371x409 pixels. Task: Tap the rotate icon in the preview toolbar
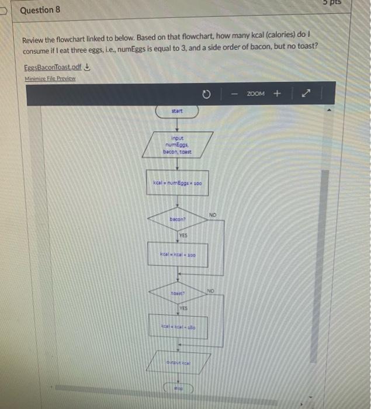coord(206,93)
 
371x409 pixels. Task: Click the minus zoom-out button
coord(233,93)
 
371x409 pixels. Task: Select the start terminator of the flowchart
coord(177,110)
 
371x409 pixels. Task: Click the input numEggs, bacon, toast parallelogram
coord(178,143)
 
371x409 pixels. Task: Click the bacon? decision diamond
coord(177,219)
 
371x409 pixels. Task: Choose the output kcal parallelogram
coord(179,362)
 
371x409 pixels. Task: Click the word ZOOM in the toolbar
coord(256,93)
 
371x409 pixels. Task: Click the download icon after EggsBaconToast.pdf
coord(87,67)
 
